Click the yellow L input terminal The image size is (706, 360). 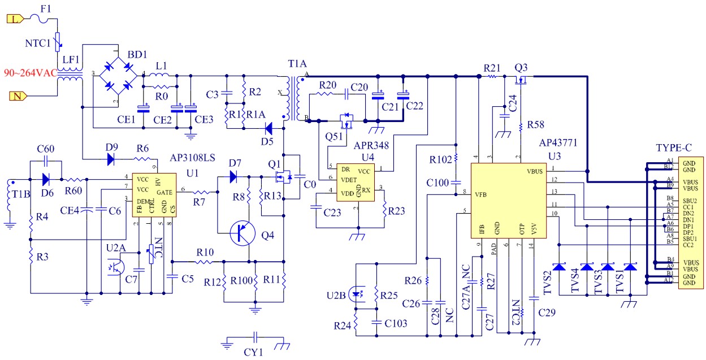coord(15,19)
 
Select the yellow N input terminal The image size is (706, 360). coord(18,96)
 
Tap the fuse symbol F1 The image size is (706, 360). coord(40,19)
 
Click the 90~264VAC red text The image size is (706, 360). coord(31,73)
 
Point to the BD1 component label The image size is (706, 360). coord(137,54)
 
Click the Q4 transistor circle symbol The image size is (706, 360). coord(242,233)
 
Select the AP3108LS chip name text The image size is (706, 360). coord(192,158)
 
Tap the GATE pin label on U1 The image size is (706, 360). coord(164,192)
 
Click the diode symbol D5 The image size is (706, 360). coord(269,128)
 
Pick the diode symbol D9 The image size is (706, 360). coord(111,159)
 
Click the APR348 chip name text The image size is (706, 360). coord(371,146)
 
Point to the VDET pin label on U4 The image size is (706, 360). coord(349,180)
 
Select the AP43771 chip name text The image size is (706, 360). coord(558,143)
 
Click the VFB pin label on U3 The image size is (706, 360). coord(480,195)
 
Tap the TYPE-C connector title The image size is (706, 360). coord(674,148)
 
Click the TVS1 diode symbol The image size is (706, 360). coord(630,267)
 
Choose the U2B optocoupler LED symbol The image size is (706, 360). coord(356,294)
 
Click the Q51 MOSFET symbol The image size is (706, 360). coord(346,121)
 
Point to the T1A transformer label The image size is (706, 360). coord(297,64)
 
